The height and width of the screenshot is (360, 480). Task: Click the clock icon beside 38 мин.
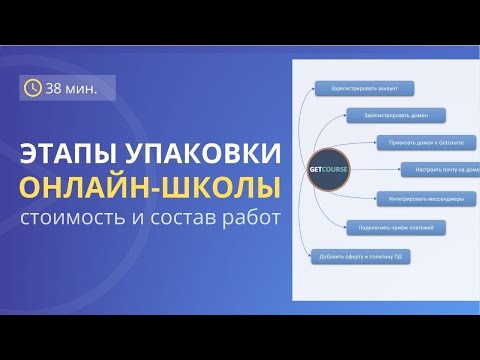click(33, 88)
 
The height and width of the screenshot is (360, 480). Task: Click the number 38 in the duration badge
click(56, 88)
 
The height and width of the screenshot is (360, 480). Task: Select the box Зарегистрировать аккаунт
click(357, 88)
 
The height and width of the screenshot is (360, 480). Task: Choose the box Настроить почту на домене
click(441, 169)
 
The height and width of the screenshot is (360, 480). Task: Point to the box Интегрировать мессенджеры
click(417, 197)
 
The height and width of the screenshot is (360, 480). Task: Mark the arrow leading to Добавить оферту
click(305, 245)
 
